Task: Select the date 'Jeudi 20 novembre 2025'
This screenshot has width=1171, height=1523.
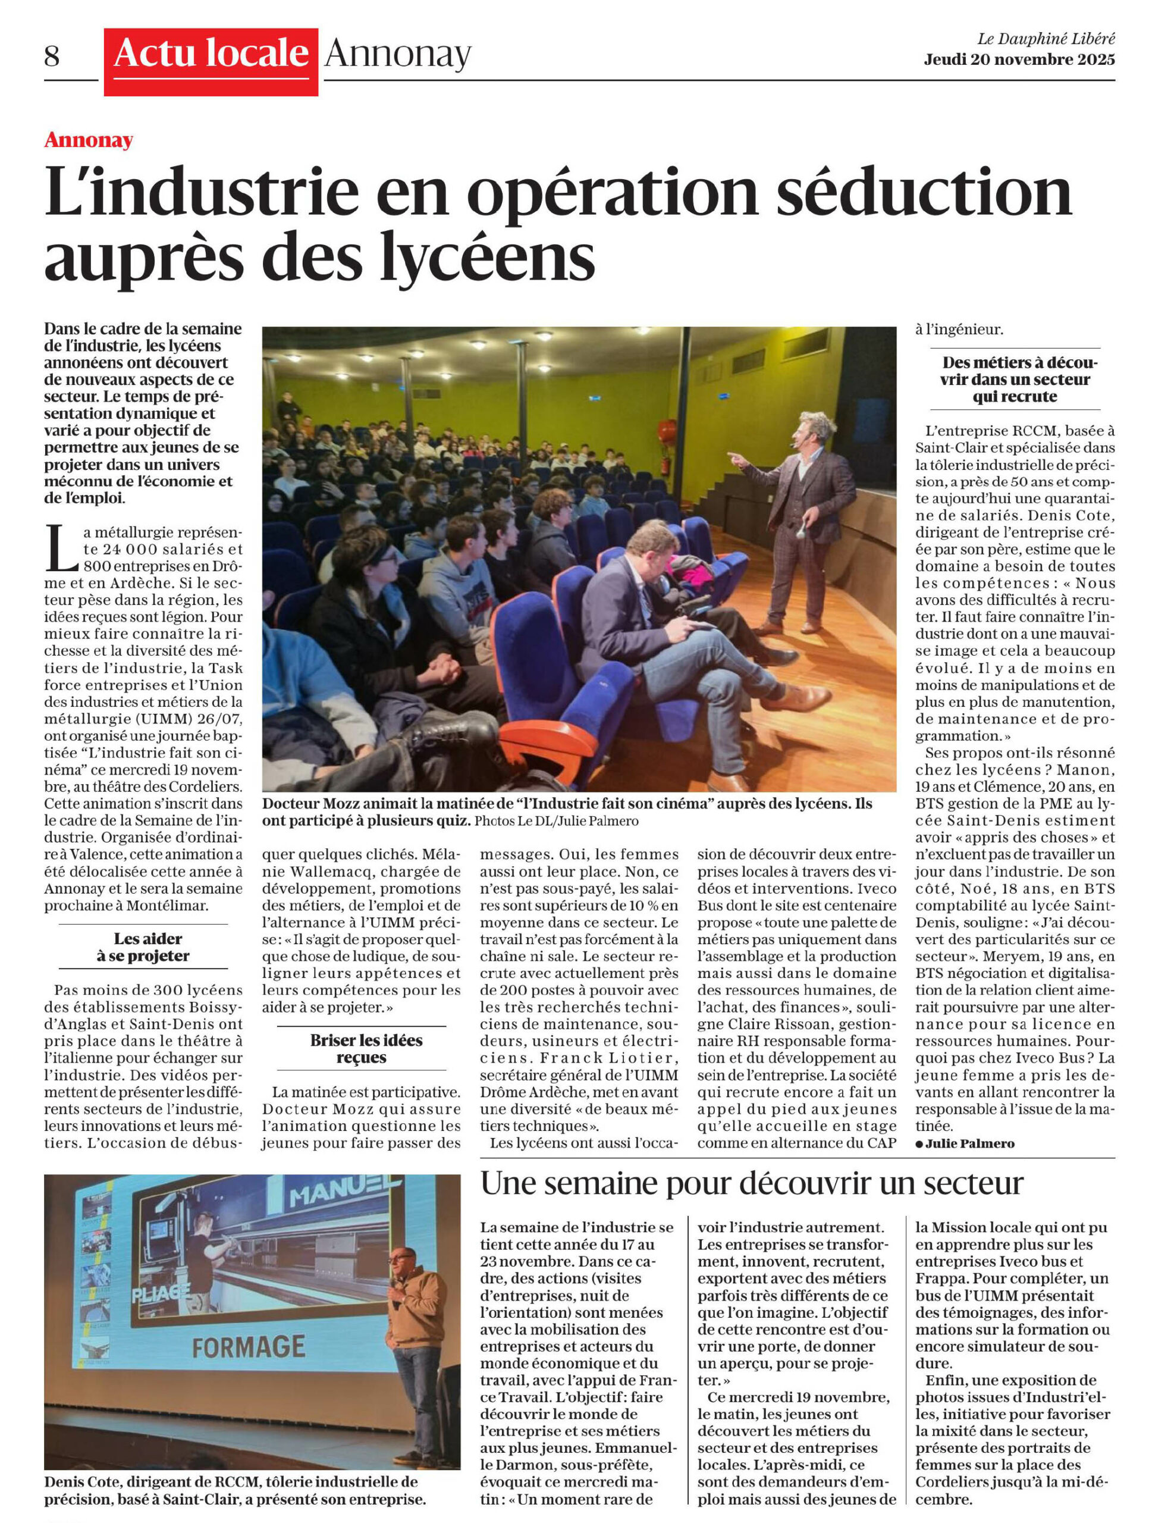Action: [x=1019, y=60]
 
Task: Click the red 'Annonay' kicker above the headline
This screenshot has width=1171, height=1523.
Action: [x=89, y=140]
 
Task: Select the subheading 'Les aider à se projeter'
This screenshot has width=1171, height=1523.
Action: [x=143, y=947]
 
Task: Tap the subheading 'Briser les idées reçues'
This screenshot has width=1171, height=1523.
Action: [x=361, y=1049]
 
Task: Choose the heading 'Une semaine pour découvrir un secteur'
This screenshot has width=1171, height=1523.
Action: [x=751, y=1183]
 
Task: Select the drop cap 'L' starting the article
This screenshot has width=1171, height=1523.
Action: [x=61, y=549]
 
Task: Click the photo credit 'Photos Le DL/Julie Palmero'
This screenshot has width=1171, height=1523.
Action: [x=556, y=821]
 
